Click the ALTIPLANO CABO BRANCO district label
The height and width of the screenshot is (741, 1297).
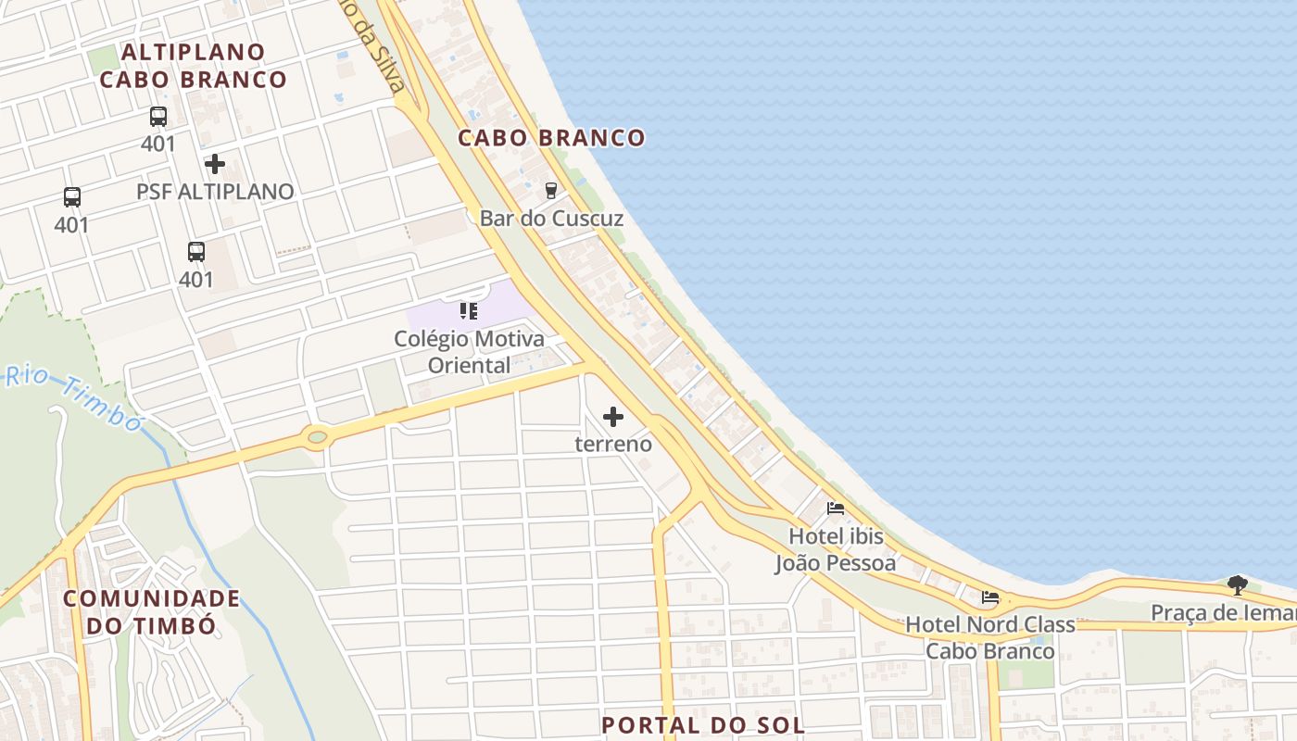coord(193,66)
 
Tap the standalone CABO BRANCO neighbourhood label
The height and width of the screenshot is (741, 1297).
coord(551,138)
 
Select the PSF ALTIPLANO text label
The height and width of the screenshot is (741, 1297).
coord(215,192)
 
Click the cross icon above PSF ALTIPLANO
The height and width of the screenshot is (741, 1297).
coord(215,164)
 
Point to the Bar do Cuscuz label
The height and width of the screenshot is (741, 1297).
coord(551,219)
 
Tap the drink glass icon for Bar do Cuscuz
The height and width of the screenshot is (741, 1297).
coord(551,191)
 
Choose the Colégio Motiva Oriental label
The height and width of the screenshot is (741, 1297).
coord(469,352)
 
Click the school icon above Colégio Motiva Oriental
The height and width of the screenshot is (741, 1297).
coord(469,311)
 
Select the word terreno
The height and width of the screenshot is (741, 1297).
coord(613,444)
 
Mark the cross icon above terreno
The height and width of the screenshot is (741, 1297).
coord(613,417)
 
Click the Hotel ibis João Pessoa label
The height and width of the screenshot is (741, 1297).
coord(836,549)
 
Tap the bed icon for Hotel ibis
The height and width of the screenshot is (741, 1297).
coord(836,509)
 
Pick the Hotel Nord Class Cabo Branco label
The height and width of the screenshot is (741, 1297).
coord(990,637)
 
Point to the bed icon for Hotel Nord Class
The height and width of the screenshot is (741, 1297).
coord(990,597)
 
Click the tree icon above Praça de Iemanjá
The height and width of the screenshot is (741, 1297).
coord(1237,584)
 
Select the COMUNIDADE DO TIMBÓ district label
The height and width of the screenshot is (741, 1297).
coord(152,611)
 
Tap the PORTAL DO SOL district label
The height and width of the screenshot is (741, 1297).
coord(703,724)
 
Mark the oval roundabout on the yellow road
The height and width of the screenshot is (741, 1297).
coord(317,435)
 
